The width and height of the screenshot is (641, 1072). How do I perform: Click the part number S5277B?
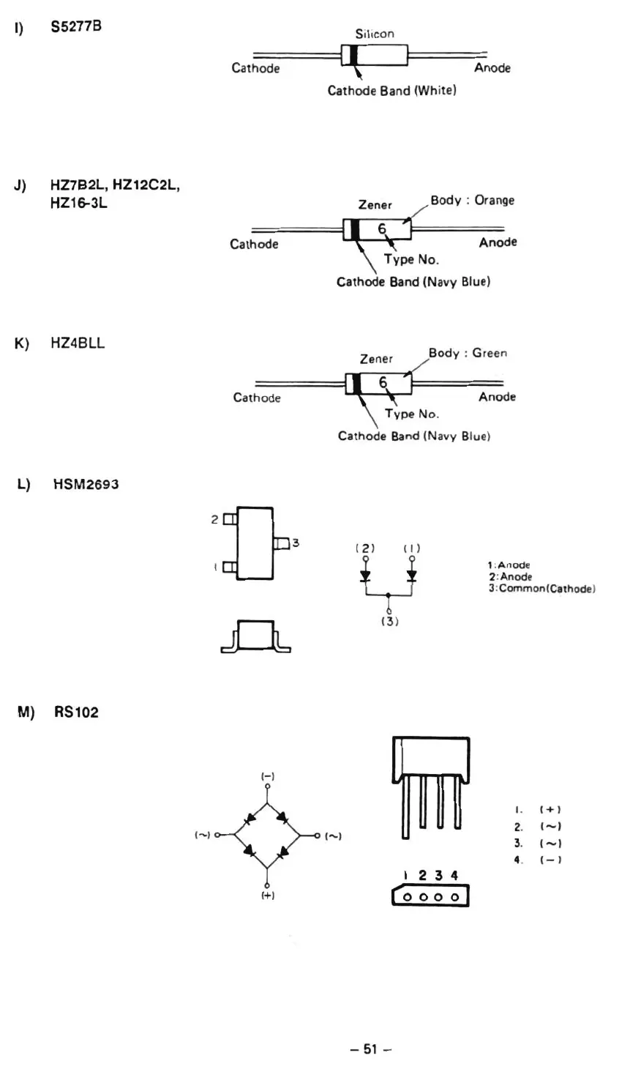76,27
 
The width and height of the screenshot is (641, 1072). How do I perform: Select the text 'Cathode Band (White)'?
391,91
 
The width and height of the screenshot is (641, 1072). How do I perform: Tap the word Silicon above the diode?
375,34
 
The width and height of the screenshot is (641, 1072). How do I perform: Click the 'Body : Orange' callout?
472,200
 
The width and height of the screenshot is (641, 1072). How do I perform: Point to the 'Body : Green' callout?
468,353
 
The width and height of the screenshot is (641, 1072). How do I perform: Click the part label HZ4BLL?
78,343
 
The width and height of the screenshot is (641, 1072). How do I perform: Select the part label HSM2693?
86,485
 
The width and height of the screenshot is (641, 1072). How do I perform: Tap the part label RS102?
76,712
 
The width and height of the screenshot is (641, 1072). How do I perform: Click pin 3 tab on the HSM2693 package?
282,543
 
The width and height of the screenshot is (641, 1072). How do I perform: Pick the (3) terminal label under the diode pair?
389,622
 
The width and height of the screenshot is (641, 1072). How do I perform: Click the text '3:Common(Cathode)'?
541,589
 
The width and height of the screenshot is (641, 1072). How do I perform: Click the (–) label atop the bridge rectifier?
267,775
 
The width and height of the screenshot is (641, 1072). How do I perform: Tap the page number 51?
370,1049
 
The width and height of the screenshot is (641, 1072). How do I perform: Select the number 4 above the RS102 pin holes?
454,875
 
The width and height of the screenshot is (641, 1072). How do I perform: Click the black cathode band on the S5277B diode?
353,55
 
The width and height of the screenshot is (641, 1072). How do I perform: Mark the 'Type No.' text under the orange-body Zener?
411,260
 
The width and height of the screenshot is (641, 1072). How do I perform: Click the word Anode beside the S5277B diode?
492,68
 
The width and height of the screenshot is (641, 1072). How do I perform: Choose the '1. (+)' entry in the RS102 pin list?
537,810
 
